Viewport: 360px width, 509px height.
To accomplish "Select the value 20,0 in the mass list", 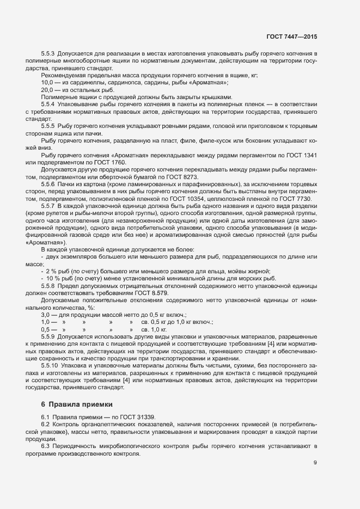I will click(47, 89).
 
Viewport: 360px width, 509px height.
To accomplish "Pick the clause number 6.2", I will click(45, 424).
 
